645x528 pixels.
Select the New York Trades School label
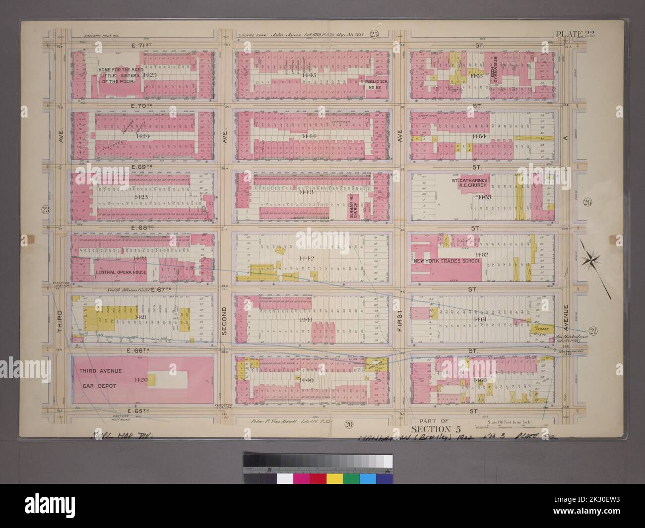coord(445,260)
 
